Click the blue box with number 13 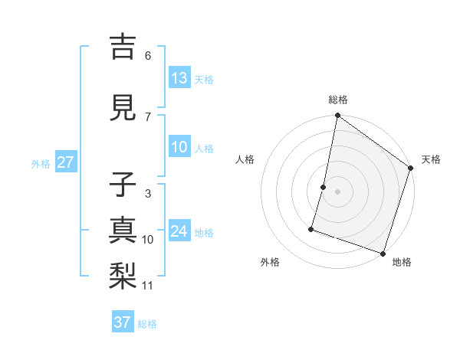(x=179, y=78)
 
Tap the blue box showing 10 (x=179, y=147)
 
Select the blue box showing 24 (x=179, y=231)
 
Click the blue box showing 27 (x=65, y=162)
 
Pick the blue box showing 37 (x=123, y=322)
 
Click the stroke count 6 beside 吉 (x=148, y=55)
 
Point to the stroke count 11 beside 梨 (x=148, y=286)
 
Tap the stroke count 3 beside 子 (x=147, y=194)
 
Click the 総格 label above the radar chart (x=338, y=100)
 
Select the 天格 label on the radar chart (x=431, y=159)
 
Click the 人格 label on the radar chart (x=245, y=159)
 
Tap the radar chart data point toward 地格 (x=383, y=253)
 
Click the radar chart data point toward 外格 (x=311, y=228)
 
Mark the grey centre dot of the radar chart (x=337, y=191)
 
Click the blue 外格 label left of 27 (x=41, y=163)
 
